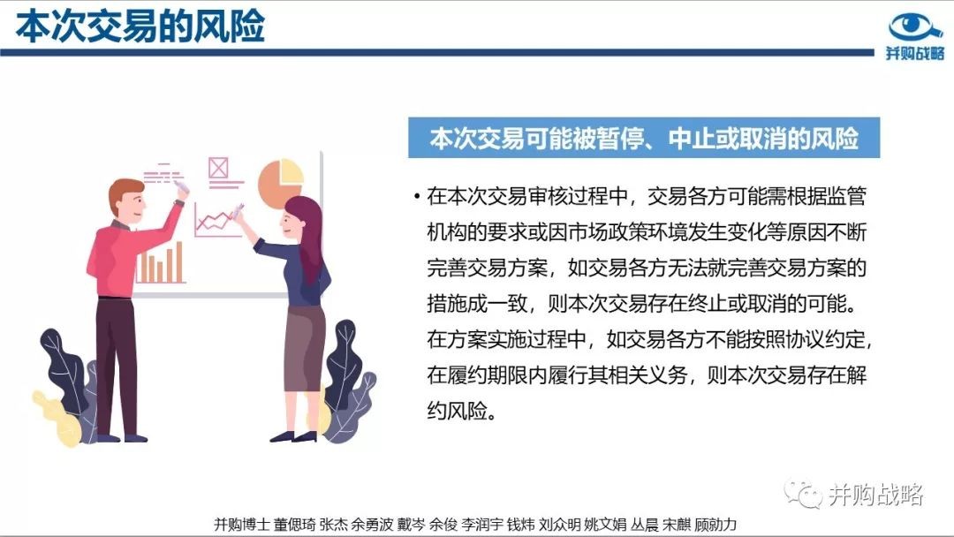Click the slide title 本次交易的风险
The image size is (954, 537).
click(140, 26)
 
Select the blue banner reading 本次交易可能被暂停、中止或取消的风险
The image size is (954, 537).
click(644, 138)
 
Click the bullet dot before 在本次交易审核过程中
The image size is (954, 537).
click(417, 196)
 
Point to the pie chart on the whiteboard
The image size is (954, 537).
click(281, 181)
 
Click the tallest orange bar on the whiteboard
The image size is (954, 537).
click(178, 261)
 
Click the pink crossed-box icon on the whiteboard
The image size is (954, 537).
click(218, 167)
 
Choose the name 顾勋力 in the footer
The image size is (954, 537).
click(715, 525)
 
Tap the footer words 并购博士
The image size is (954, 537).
click(241, 525)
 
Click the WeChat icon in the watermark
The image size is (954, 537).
click(803, 494)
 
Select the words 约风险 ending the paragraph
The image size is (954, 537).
click(458, 411)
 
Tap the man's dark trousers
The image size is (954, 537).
click(117, 365)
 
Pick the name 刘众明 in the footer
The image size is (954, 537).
click(560, 525)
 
